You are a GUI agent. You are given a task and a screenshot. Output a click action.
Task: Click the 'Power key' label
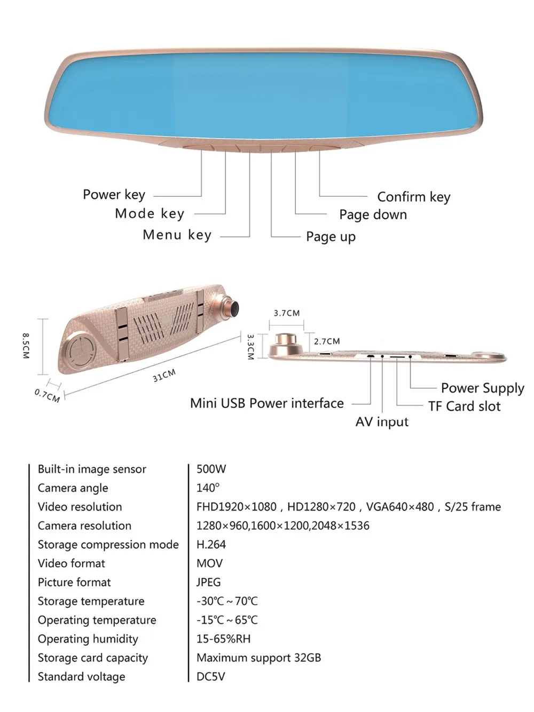[114, 195]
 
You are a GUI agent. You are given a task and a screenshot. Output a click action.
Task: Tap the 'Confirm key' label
[414, 197]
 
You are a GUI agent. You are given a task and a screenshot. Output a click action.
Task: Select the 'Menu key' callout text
[177, 235]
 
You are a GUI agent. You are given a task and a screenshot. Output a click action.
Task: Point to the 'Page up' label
[331, 237]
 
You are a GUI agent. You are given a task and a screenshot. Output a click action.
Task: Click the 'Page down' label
[373, 215]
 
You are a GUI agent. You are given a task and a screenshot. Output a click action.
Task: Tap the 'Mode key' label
[150, 214]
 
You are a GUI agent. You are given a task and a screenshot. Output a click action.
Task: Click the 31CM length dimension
[164, 375]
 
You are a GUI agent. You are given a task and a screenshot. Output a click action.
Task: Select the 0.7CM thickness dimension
[47, 395]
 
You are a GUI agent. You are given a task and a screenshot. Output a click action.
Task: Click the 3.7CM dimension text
[287, 313]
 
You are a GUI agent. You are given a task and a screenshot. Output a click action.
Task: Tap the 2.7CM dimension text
[327, 341]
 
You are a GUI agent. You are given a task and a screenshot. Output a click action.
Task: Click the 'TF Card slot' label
[464, 406]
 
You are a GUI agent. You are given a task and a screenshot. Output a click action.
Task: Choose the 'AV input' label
[382, 422]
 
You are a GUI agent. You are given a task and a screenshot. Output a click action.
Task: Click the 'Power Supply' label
[482, 388]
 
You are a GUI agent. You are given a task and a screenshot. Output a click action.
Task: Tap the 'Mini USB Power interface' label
[266, 403]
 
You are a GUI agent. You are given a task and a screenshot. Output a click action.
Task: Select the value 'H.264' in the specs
[211, 545]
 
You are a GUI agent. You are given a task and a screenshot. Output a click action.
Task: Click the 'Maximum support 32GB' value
[258, 658]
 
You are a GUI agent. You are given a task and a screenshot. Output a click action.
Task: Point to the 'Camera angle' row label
[73, 488]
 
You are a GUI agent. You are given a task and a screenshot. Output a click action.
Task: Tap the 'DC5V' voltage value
[210, 677]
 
